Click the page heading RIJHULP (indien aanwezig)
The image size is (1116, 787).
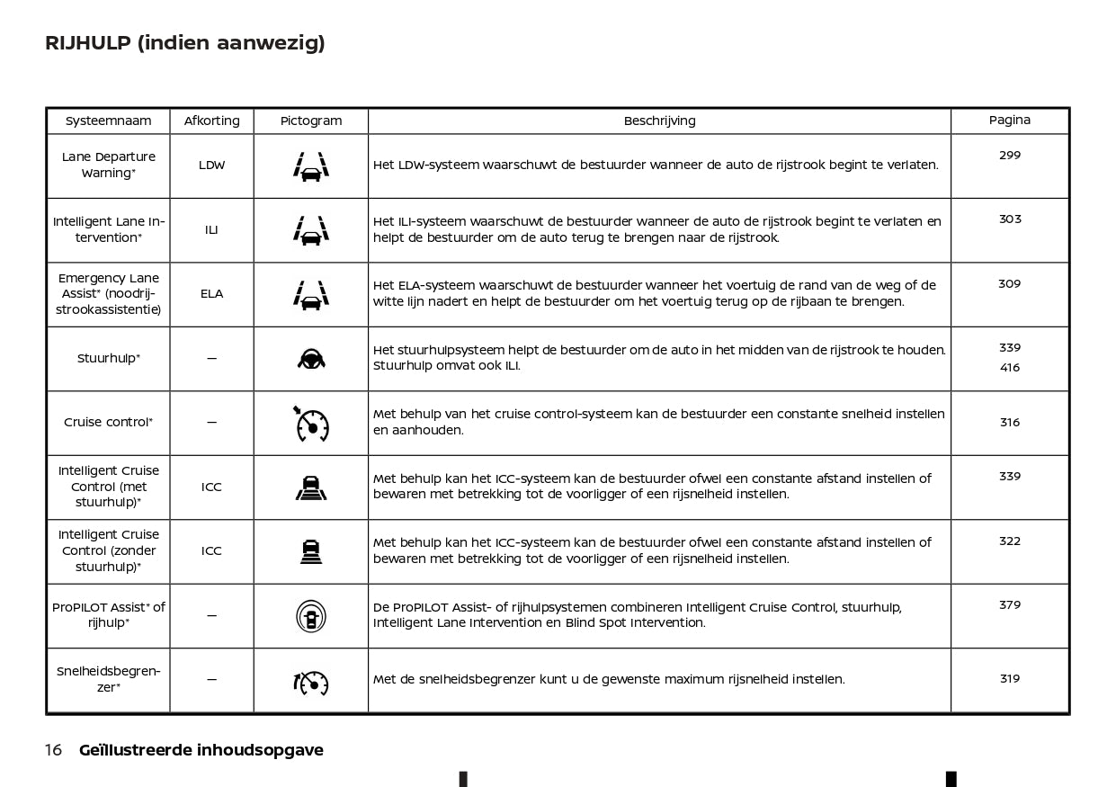(x=184, y=43)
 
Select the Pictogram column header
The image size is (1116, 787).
(x=311, y=121)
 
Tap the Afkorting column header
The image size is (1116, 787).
(x=211, y=121)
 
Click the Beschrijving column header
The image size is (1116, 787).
(x=659, y=121)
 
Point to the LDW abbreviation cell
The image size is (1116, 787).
(x=211, y=165)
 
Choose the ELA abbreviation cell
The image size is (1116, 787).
(x=211, y=294)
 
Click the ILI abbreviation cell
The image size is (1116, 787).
(x=211, y=230)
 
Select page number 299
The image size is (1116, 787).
(x=1010, y=156)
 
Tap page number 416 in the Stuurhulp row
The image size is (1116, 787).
(x=1010, y=368)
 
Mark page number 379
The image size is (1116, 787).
(x=1010, y=605)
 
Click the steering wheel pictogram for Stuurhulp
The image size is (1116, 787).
(x=311, y=359)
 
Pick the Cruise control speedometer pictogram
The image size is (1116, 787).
(x=311, y=424)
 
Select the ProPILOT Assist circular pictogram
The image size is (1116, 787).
(x=311, y=616)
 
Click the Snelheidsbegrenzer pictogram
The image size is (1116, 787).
(x=311, y=683)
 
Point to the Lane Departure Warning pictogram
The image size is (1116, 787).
(x=311, y=166)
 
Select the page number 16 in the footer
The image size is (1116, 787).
(x=53, y=750)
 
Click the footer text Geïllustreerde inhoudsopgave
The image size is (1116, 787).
(x=201, y=750)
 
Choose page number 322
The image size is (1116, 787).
(x=1010, y=541)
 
